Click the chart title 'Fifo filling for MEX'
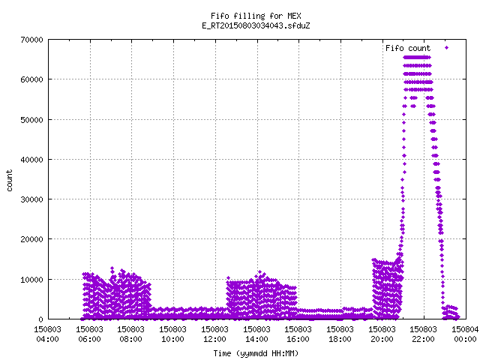(256, 16)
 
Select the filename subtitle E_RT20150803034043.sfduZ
(256, 25)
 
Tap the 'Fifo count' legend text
(408, 48)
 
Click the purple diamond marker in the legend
(447, 48)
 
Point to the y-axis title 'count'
(9, 181)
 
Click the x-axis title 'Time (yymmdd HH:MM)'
(256, 353)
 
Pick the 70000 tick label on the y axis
(31, 40)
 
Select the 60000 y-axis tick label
(31, 79)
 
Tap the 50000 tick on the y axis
(31, 120)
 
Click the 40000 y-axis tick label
(31, 160)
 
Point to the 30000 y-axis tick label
(31, 199)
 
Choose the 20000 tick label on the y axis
(31, 239)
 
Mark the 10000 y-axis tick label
(31, 280)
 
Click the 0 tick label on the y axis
(41, 319)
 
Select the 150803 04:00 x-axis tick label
(47, 334)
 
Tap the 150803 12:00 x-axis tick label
(214, 334)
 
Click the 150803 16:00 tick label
(298, 334)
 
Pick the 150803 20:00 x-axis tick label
(382, 334)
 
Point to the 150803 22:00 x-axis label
(423, 334)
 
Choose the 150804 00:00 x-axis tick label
(465, 334)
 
